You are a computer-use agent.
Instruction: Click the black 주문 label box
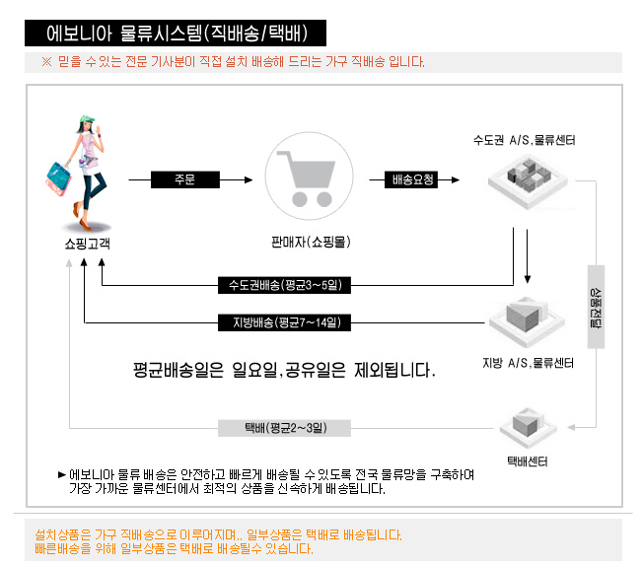tap(185, 179)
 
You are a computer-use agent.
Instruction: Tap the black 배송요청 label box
tap(411, 179)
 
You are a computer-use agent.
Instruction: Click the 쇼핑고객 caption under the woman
tap(88, 244)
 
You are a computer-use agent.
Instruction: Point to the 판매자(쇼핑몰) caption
tap(311, 242)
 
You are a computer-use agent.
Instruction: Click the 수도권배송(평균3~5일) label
tap(285, 285)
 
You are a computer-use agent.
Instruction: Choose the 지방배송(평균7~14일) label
tap(285, 322)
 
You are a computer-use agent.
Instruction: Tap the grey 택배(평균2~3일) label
tap(285, 428)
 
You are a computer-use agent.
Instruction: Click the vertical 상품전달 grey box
tap(596, 307)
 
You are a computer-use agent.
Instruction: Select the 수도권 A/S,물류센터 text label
tap(524, 141)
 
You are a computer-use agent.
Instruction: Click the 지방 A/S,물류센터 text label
tap(528, 363)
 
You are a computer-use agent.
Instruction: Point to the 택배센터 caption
tap(528, 461)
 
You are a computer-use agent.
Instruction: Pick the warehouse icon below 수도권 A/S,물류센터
tap(528, 181)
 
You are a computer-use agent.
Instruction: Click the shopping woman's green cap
tap(87, 119)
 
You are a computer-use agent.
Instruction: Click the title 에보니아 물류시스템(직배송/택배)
tap(177, 34)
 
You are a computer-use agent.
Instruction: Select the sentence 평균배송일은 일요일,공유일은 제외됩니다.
tap(284, 370)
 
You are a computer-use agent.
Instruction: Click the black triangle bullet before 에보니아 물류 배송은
tap(62, 475)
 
